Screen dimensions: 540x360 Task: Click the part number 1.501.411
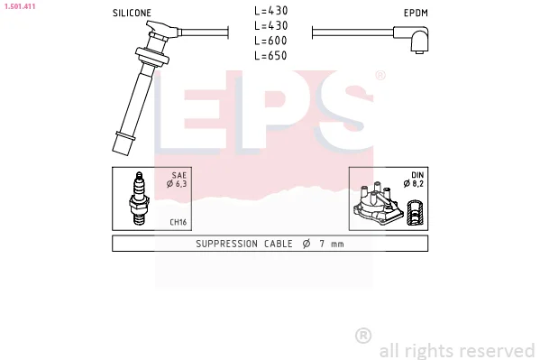20,6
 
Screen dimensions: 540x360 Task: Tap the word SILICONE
132,14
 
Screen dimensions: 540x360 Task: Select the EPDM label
416,14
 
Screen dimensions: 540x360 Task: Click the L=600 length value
270,41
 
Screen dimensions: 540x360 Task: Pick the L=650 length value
270,56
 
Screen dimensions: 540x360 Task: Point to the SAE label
179,175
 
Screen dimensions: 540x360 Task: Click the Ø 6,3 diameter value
177,184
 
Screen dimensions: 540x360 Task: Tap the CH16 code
178,222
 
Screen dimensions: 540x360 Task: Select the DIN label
417,175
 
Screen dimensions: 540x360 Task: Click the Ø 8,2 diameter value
413,184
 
